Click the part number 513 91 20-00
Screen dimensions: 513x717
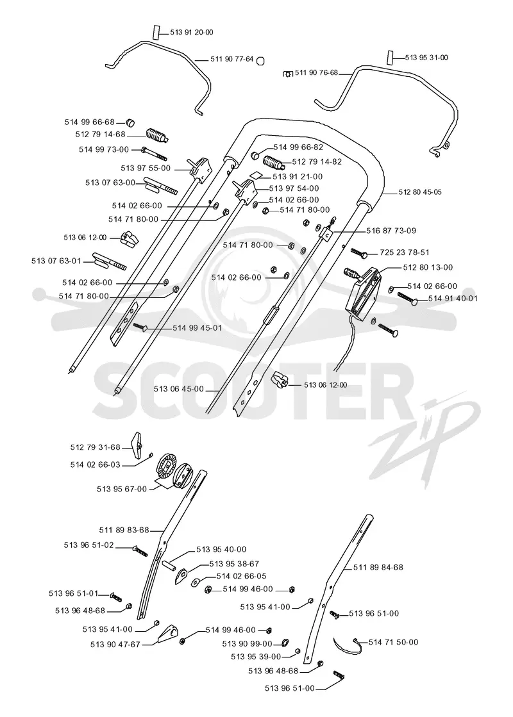pyautogui.click(x=192, y=33)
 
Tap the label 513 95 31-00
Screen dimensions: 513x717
pyautogui.click(x=426, y=58)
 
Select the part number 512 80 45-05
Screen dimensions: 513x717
pyautogui.click(x=420, y=192)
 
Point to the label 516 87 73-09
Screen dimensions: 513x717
pyautogui.click(x=391, y=231)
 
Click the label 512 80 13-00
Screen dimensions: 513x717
pyautogui.click(x=428, y=267)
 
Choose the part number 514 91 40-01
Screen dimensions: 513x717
pyautogui.click(x=453, y=298)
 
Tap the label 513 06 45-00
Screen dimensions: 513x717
pyautogui.click(x=179, y=389)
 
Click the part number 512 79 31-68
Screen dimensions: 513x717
pyautogui.click(x=95, y=447)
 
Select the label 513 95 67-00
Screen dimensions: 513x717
pyautogui.click(x=122, y=489)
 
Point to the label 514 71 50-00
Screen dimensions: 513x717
pyautogui.click(x=393, y=642)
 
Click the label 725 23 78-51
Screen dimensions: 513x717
pyautogui.click(x=405, y=252)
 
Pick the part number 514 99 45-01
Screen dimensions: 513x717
pyautogui.click(x=198, y=328)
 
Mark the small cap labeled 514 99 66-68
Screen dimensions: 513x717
pyautogui.click(x=131, y=122)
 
